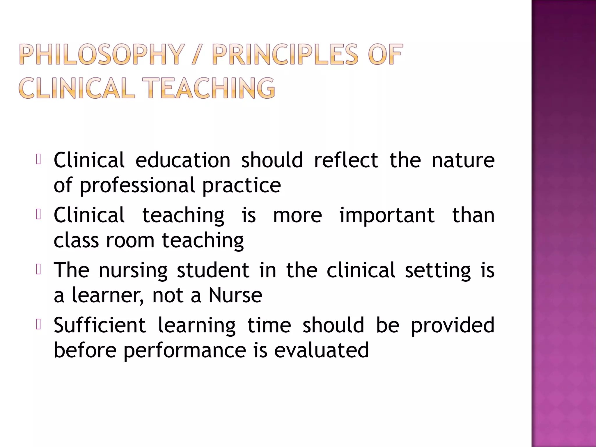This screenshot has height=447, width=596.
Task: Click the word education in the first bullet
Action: click(183, 160)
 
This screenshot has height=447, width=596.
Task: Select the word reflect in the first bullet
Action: click(346, 160)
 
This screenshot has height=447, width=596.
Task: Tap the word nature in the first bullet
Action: click(463, 160)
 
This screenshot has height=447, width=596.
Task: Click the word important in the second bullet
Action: click(387, 215)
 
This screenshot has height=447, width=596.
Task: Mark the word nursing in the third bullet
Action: click(133, 270)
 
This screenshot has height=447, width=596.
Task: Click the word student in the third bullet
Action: click(213, 270)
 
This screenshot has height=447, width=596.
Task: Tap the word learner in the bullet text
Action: click(107, 295)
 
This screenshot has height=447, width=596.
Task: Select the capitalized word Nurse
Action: click(235, 295)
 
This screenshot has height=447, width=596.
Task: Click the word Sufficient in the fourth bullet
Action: click(100, 325)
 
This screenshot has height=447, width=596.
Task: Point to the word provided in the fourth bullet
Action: click(453, 325)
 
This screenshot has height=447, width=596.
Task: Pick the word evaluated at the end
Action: click(322, 350)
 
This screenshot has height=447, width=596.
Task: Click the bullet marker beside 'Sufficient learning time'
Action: click(38, 324)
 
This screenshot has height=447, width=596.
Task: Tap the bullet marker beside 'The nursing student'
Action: click(38, 269)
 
